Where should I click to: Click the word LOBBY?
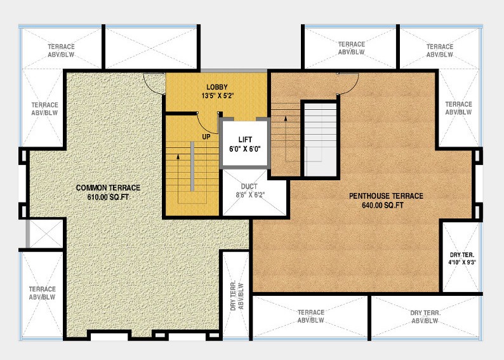[216, 87]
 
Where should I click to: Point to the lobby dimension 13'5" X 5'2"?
[216, 97]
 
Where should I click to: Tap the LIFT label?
[245, 140]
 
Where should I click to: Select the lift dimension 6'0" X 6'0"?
[245, 149]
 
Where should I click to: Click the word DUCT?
[249, 187]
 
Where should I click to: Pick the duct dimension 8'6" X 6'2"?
[249, 196]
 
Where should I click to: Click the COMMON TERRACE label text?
[108, 188]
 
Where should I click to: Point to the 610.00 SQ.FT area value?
[108, 197]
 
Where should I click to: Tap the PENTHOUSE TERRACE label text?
[386, 196]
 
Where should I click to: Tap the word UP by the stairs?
[206, 137]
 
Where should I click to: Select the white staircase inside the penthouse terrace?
[319, 140]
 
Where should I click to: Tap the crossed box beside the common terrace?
[44, 233]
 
